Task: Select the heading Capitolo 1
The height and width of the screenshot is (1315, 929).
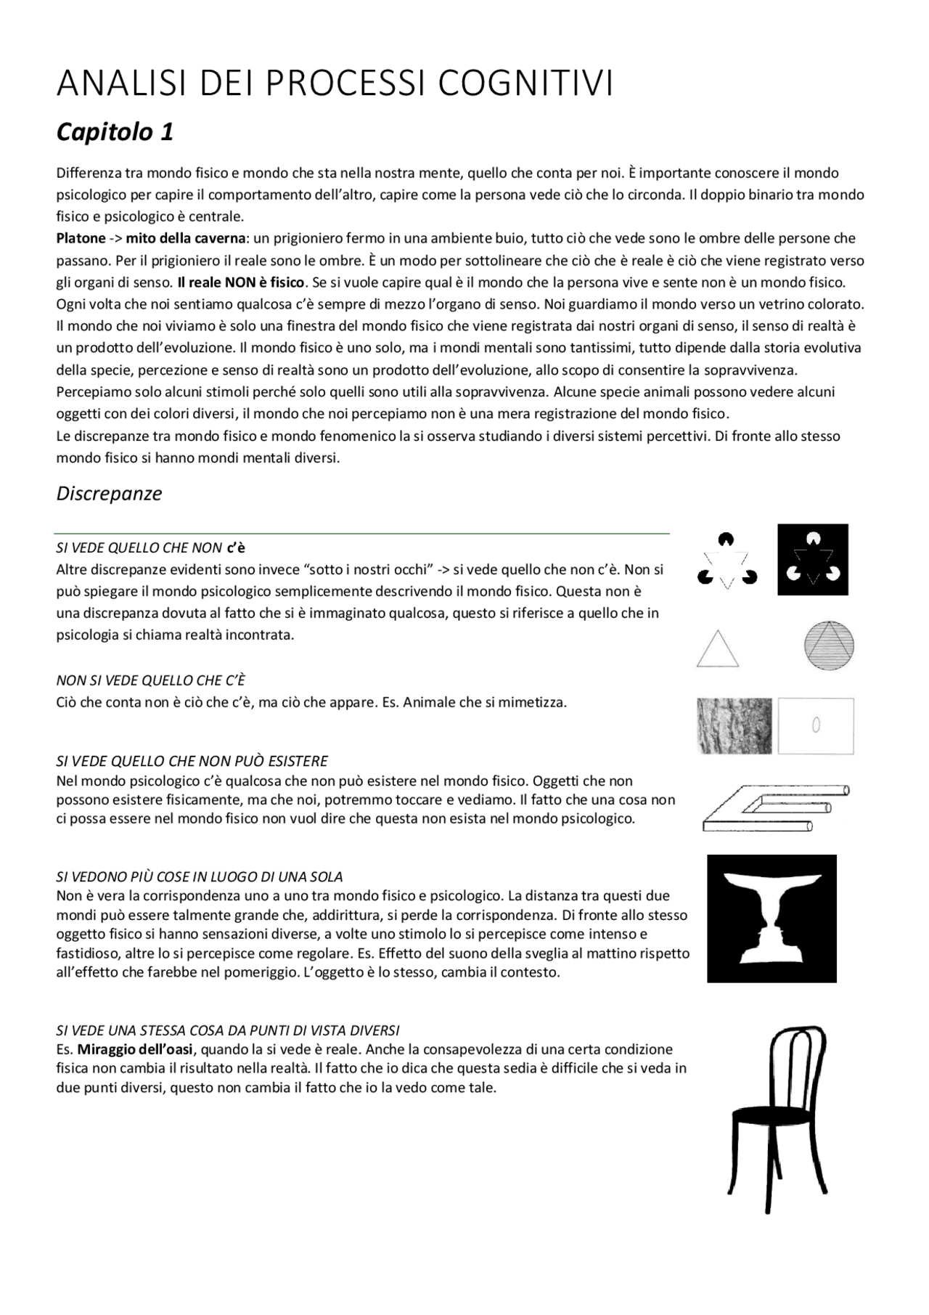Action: point(115,132)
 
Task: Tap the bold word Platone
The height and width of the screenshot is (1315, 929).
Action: point(81,238)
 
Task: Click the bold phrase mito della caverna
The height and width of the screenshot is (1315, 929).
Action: point(186,238)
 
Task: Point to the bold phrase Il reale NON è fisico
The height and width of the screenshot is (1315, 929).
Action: point(241,282)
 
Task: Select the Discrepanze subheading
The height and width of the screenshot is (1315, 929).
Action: point(109,494)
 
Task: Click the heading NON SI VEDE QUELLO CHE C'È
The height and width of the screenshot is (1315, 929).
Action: point(150,680)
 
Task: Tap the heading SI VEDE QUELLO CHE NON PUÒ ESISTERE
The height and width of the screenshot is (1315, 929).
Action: point(192,761)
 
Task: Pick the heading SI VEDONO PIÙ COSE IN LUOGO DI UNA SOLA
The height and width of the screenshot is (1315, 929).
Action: point(200,876)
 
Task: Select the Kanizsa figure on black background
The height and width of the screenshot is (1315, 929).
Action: point(813,560)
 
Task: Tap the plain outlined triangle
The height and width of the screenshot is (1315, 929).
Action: point(717,649)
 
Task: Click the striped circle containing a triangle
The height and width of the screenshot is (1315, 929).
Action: point(829,645)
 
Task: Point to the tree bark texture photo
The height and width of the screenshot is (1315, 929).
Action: point(734,725)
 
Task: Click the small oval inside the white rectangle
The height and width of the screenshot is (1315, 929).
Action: point(816,725)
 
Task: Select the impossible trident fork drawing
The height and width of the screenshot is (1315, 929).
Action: point(773,808)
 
